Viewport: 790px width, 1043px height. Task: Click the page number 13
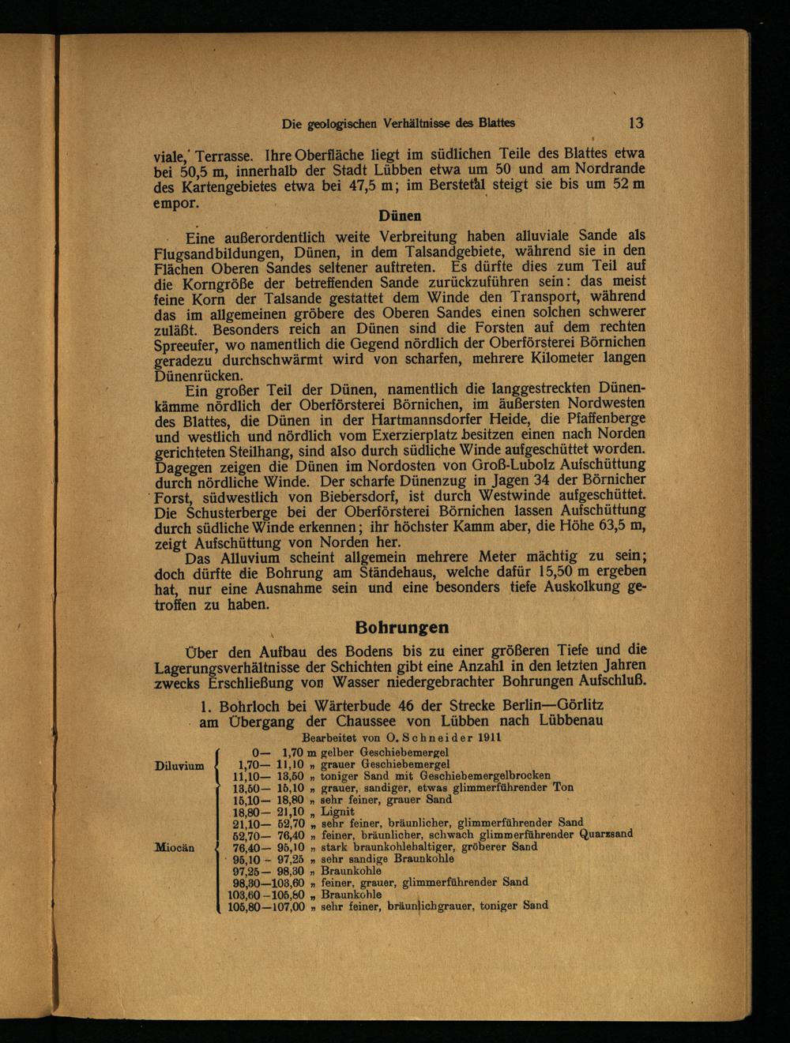click(x=636, y=123)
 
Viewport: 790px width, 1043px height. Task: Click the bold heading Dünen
click(x=400, y=216)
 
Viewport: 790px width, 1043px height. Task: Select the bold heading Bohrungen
click(x=401, y=628)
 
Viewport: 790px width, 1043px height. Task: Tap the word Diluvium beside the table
click(x=179, y=765)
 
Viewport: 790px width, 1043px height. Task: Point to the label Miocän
click(x=175, y=846)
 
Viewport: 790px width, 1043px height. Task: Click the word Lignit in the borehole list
click(x=337, y=811)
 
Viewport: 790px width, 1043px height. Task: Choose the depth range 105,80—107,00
click(x=266, y=907)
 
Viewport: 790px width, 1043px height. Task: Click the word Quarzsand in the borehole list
click(x=606, y=834)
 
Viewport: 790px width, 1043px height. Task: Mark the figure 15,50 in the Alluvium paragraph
click(x=534, y=572)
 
